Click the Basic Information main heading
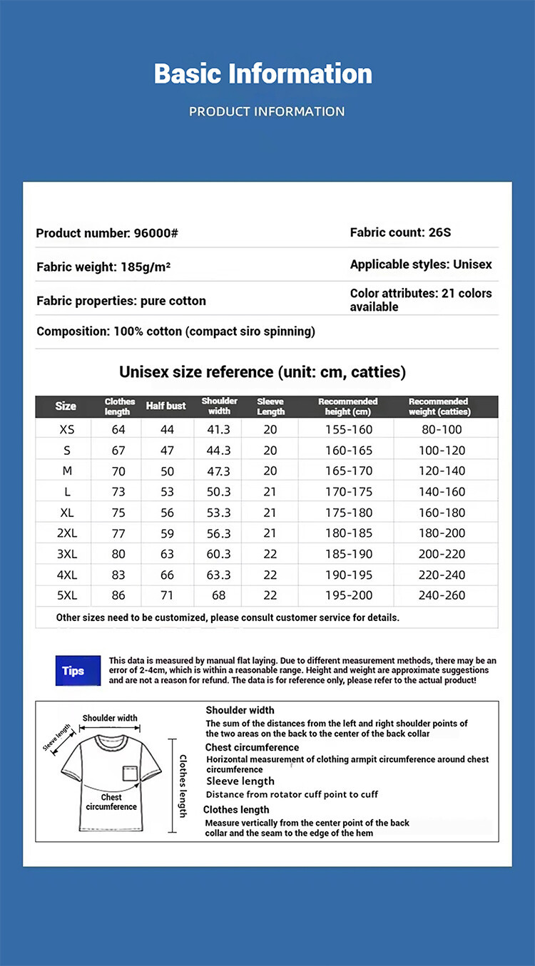click(x=263, y=74)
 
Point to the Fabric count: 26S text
click(x=400, y=232)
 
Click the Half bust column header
click(x=165, y=406)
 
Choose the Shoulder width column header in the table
click(x=219, y=406)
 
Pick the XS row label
click(x=66, y=429)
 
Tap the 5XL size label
click(x=66, y=595)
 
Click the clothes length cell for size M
click(x=118, y=471)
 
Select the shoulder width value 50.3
click(x=218, y=492)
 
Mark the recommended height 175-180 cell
click(x=348, y=513)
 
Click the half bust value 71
click(x=167, y=595)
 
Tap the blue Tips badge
click(x=73, y=671)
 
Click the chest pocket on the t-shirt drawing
click(x=129, y=773)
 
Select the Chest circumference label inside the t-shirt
click(x=111, y=802)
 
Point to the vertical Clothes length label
click(x=183, y=786)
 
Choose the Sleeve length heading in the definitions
click(x=240, y=781)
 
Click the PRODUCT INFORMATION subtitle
click(x=267, y=111)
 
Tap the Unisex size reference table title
click(x=263, y=372)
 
